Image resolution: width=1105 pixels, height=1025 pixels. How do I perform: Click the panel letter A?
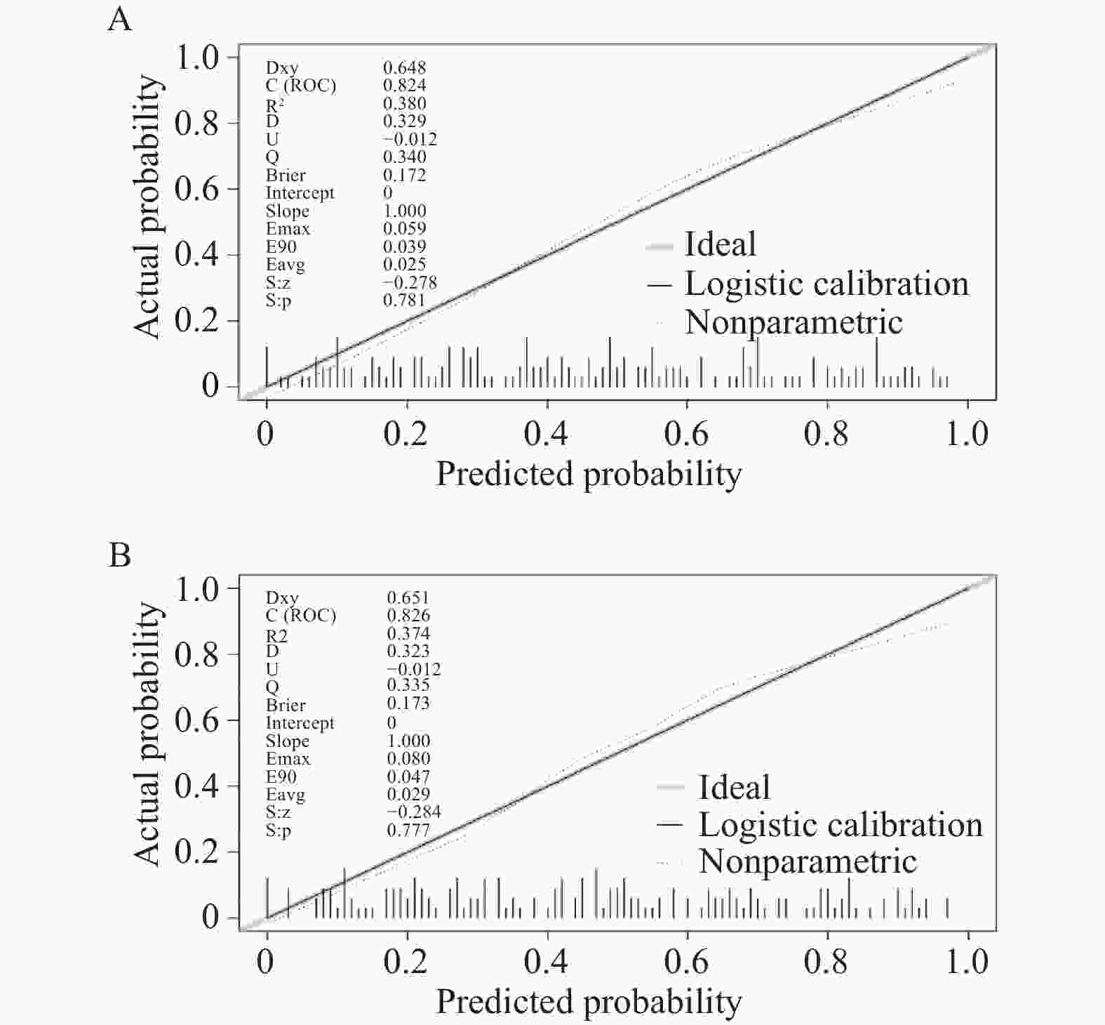(x=120, y=19)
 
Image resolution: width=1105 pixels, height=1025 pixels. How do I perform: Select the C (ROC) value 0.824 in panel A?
(x=404, y=85)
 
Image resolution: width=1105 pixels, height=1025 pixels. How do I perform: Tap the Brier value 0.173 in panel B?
(x=408, y=703)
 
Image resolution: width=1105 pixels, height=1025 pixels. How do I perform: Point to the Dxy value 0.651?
(x=408, y=597)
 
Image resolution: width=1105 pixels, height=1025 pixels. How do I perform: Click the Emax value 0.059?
(x=404, y=228)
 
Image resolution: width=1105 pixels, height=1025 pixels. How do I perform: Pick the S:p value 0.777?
(x=408, y=831)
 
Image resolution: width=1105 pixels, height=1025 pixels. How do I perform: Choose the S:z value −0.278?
(x=410, y=282)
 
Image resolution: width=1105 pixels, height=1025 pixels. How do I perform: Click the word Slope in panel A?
(x=287, y=211)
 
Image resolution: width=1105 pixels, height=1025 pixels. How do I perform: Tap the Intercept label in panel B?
(x=300, y=723)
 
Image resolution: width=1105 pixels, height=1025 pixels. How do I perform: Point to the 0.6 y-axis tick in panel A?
(x=196, y=189)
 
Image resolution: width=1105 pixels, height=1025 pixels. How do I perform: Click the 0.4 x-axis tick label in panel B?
(x=546, y=962)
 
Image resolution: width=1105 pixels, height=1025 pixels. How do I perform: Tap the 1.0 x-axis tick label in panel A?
(x=967, y=434)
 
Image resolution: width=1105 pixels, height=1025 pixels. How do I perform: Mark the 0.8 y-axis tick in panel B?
(x=196, y=654)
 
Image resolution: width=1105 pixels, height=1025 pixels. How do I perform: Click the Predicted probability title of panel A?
(x=589, y=475)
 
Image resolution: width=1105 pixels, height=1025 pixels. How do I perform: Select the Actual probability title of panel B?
(x=148, y=734)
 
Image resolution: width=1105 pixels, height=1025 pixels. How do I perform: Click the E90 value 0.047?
(x=408, y=776)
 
